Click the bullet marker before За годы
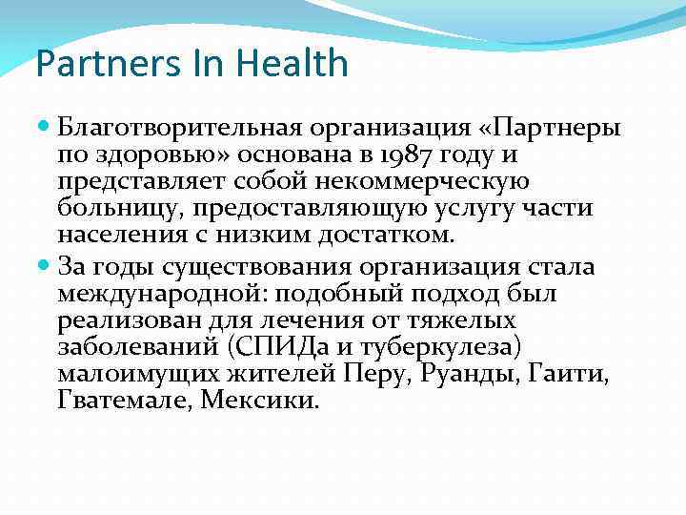pyautogui.click(x=47, y=266)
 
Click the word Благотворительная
pyautogui.click(x=178, y=128)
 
